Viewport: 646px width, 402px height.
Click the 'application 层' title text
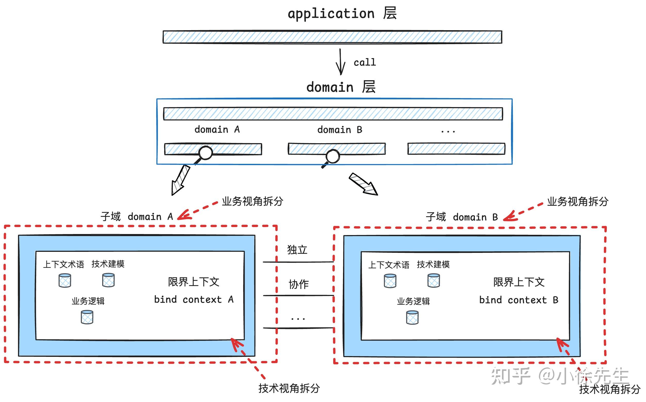tap(342, 13)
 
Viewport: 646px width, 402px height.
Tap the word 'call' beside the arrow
tap(364, 62)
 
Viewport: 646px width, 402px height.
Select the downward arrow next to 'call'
tap(340, 62)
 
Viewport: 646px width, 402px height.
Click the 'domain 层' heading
tap(341, 87)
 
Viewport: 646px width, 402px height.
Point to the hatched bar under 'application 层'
tap(332, 37)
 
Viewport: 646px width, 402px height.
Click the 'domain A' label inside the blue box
tap(217, 130)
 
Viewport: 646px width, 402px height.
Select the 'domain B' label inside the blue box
tap(340, 130)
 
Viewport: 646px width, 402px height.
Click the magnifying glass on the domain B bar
tap(332, 156)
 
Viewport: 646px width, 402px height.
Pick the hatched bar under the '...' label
tap(456, 149)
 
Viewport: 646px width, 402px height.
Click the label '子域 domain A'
tap(137, 216)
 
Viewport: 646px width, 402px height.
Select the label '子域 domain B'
tap(462, 217)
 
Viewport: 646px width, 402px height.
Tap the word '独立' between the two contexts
tap(297, 250)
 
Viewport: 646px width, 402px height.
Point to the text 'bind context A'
tap(194, 300)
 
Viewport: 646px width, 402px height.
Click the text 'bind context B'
tap(519, 300)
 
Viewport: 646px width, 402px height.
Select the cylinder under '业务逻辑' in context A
tap(87, 317)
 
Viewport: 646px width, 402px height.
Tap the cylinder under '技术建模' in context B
tap(434, 281)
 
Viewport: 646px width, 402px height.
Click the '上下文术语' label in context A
tap(63, 264)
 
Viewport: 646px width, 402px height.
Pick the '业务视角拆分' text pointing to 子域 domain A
tap(252, 201)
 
